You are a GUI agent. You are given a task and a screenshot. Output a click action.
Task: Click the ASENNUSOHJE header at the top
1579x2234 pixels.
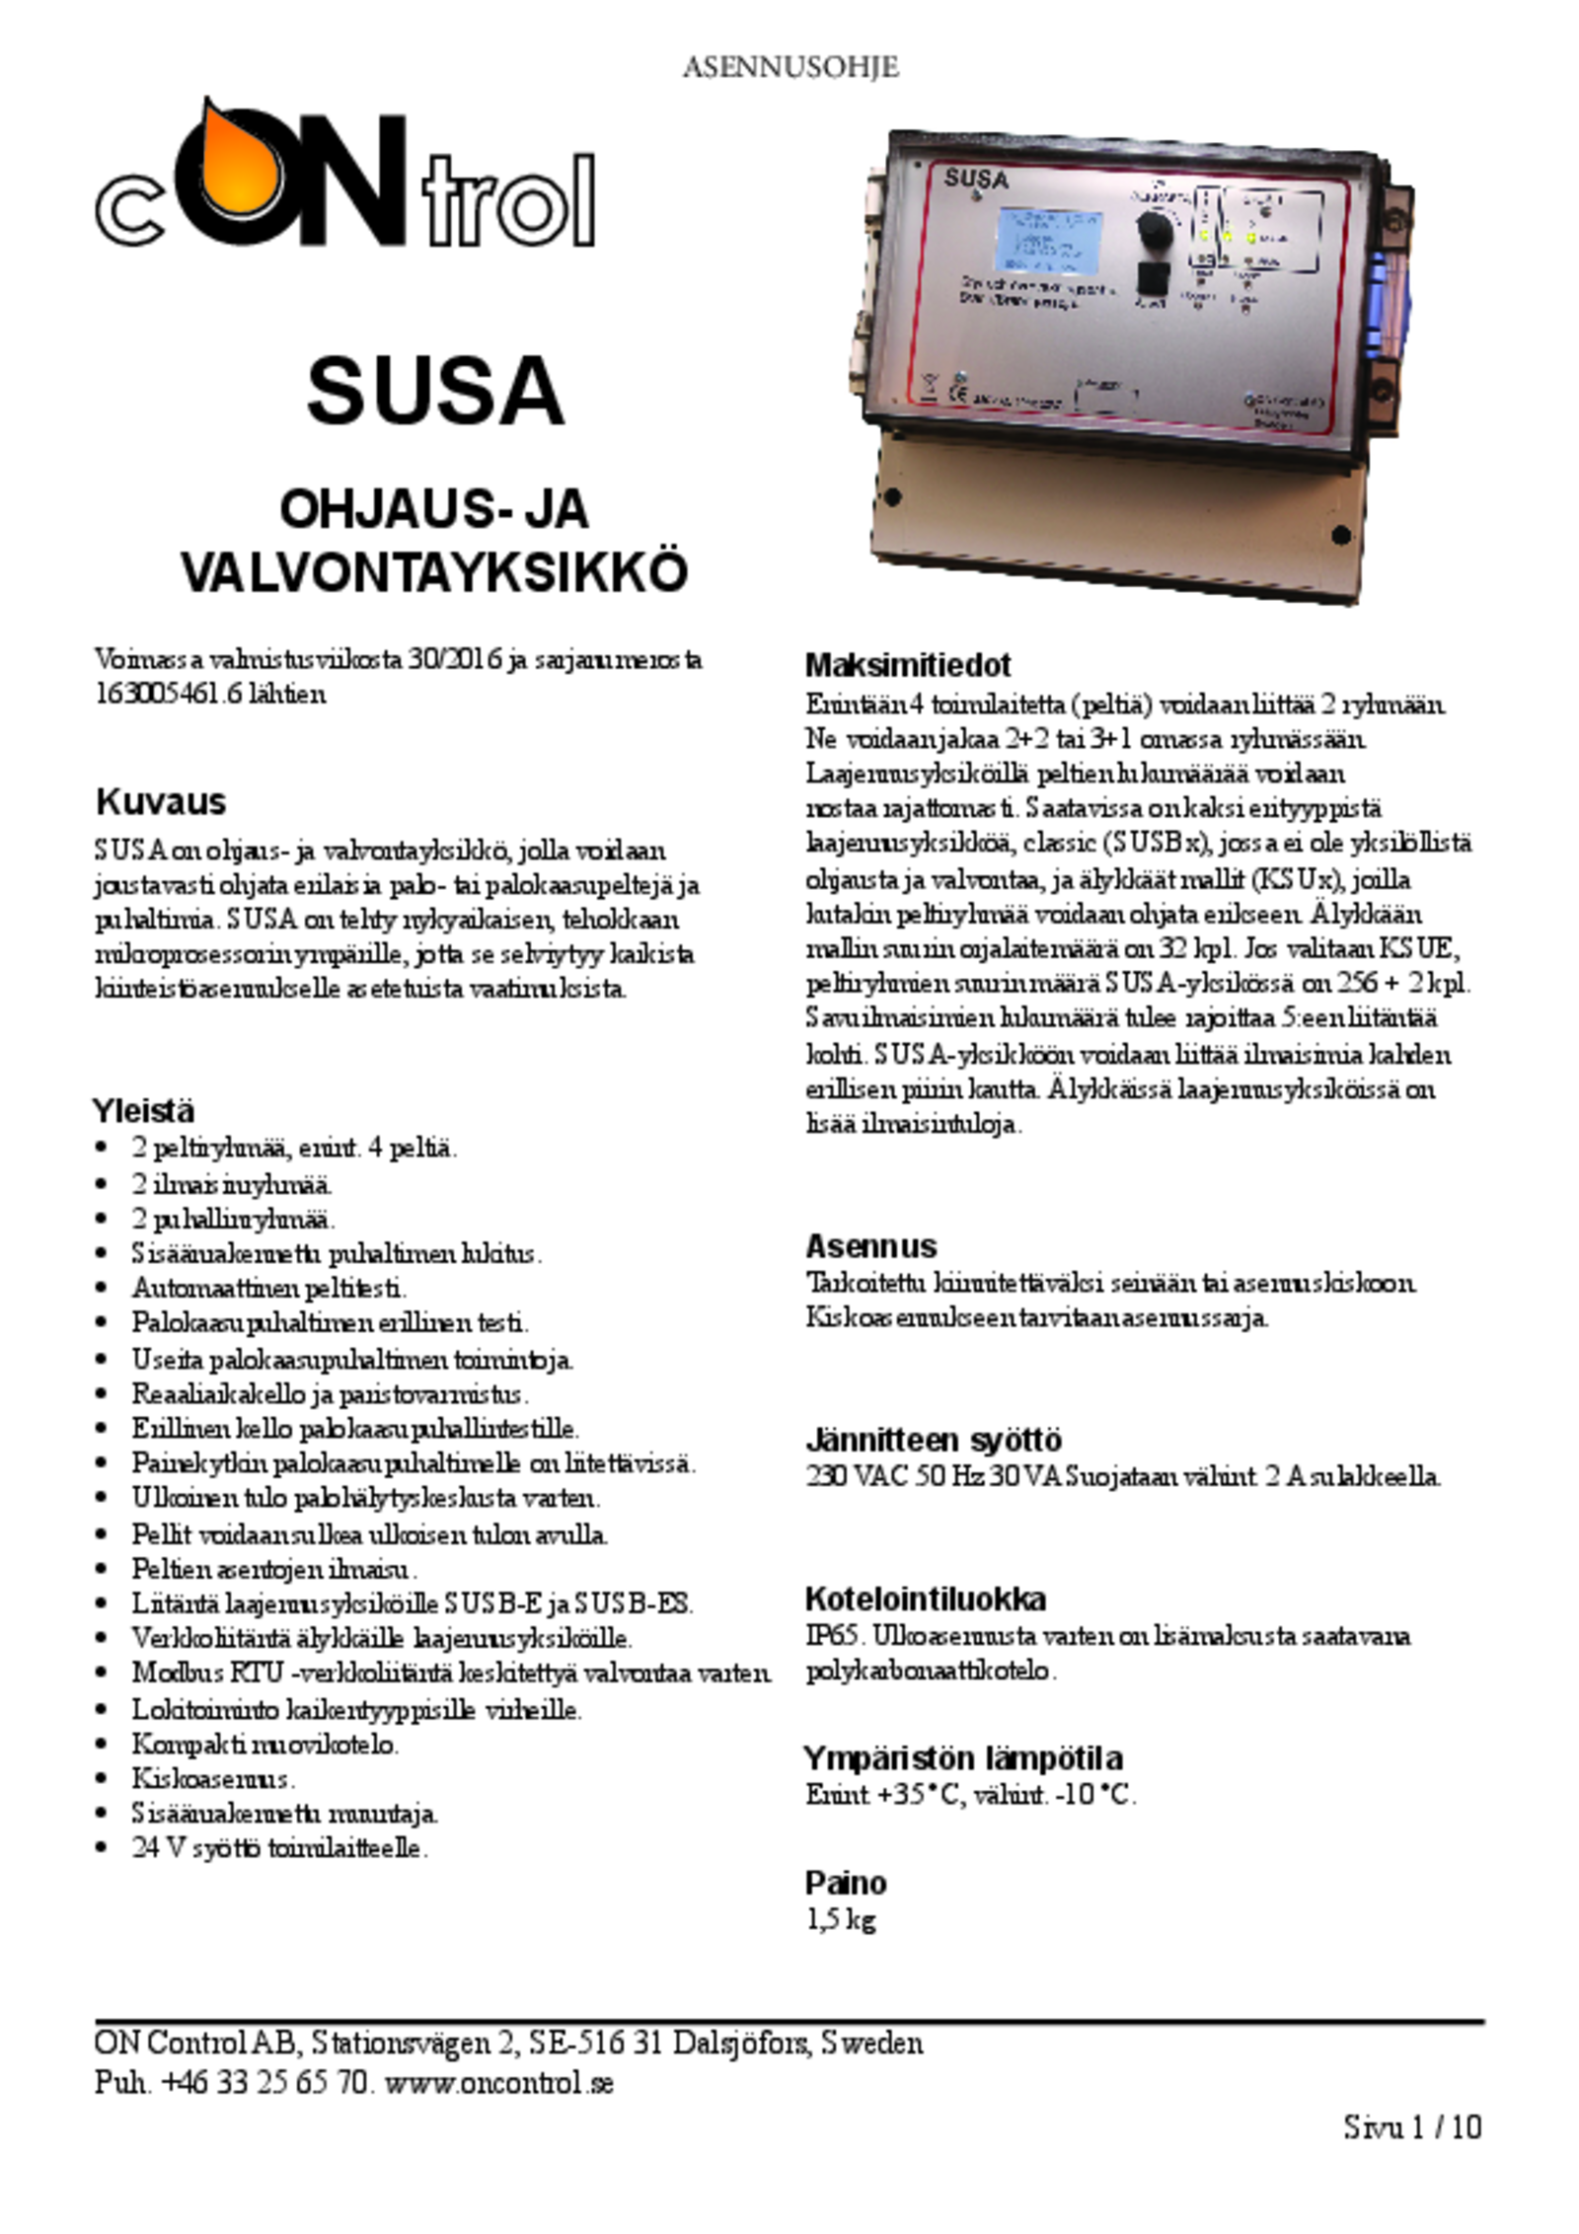pyautogui.click(x=789, y=67)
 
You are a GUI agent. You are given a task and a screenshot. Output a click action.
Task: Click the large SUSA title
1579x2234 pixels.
pyautogui.click(x=435, y=391)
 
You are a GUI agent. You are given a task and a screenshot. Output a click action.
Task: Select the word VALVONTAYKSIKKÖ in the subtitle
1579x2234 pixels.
pyautogui.click(x=434, y=573)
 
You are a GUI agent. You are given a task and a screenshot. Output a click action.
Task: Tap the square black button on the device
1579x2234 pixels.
pyautogui.click(x=1152, y=279)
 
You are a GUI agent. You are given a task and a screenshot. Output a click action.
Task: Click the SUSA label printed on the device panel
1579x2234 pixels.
pyautogui.click(x=975, y=180)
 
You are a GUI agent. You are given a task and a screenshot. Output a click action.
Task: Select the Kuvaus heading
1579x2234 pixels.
pyautogui.click(x=161, y=801)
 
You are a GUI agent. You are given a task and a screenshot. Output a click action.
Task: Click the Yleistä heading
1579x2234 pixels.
pyautogui.click(x=144, y=1110)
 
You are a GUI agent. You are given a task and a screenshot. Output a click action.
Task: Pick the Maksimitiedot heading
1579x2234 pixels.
pyautogui.click(x=908, y=665)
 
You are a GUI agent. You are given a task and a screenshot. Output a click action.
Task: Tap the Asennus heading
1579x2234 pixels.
pyautogui.click(x=870, y=1245)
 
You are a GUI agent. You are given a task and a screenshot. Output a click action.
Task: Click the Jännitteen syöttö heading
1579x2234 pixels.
pyautogui.click(x=933, y=1440)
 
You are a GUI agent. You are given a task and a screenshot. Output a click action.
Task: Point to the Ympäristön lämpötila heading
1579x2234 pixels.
pyautogui.click(x=962, y=1757)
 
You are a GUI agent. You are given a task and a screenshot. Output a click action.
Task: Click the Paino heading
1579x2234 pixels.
pyautogui.click(x=846, y=1883)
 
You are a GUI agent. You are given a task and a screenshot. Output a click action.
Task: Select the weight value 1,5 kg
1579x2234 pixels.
pyautogui.click(x=841, y=1920)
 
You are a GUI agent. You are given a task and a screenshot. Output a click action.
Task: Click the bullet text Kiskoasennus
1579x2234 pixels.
pyautogui.click(x=213, y=1778)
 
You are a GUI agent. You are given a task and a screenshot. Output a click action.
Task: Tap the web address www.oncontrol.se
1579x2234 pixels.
pyautogui.click(x=499, y=2083)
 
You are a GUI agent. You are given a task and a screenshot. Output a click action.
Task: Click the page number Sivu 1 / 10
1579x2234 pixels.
pyautogui.click(x=1412, y=2154)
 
